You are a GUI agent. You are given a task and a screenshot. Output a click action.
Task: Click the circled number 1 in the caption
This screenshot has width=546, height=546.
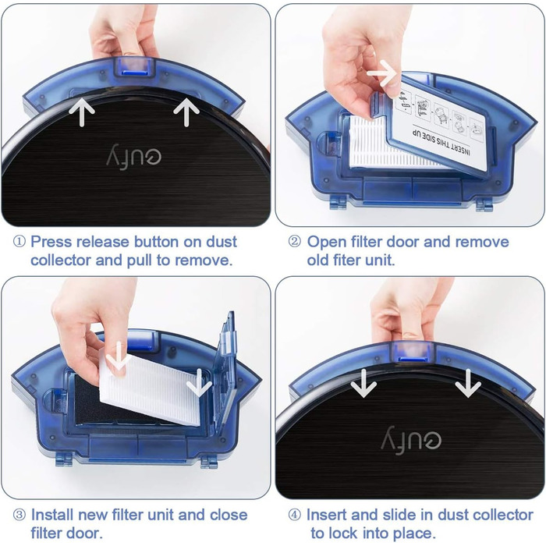(x=19, y=241)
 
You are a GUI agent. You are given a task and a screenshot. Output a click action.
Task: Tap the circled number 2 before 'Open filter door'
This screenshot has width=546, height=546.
(x=295, y=241)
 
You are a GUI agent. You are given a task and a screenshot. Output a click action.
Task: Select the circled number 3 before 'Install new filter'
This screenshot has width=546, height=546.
(x=19, y=515)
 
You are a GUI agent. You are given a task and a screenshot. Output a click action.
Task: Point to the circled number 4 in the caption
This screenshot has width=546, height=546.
(x=295, y=515)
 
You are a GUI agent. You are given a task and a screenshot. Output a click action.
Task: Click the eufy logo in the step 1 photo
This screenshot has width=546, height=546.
(x=134, y=154)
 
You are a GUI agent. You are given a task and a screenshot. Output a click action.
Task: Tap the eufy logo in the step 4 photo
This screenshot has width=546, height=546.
(x=411, y=439)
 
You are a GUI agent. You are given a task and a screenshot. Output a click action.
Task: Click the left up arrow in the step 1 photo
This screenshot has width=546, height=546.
(x=82, y=112)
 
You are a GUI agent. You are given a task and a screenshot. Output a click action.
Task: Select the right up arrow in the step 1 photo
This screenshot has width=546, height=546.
(x=186, y=112)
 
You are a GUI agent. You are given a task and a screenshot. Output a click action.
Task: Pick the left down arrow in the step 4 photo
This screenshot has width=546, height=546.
(x=363, y=383)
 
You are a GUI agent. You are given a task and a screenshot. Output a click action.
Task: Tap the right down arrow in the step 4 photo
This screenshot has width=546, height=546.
(x=468, y=383)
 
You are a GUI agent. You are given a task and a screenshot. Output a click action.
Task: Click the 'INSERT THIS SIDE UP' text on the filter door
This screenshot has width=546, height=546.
(x=441, y=143)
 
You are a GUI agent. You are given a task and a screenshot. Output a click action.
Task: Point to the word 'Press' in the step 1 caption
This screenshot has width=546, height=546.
(x=51, y=242)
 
